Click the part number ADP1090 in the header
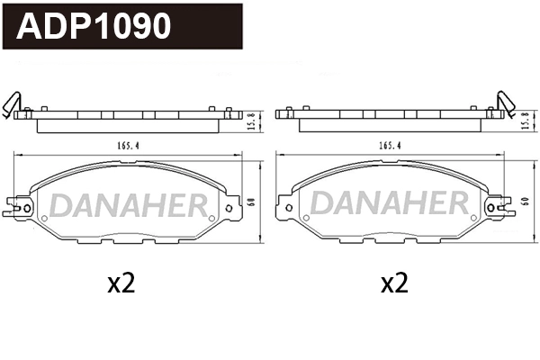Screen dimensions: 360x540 coord(94,27)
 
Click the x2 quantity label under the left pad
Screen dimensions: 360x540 coord(121,284)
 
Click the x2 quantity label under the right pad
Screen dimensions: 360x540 coord(393,284)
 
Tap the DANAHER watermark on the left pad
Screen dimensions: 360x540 coord(128,206)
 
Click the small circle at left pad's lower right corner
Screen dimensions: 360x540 coord(213,220)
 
